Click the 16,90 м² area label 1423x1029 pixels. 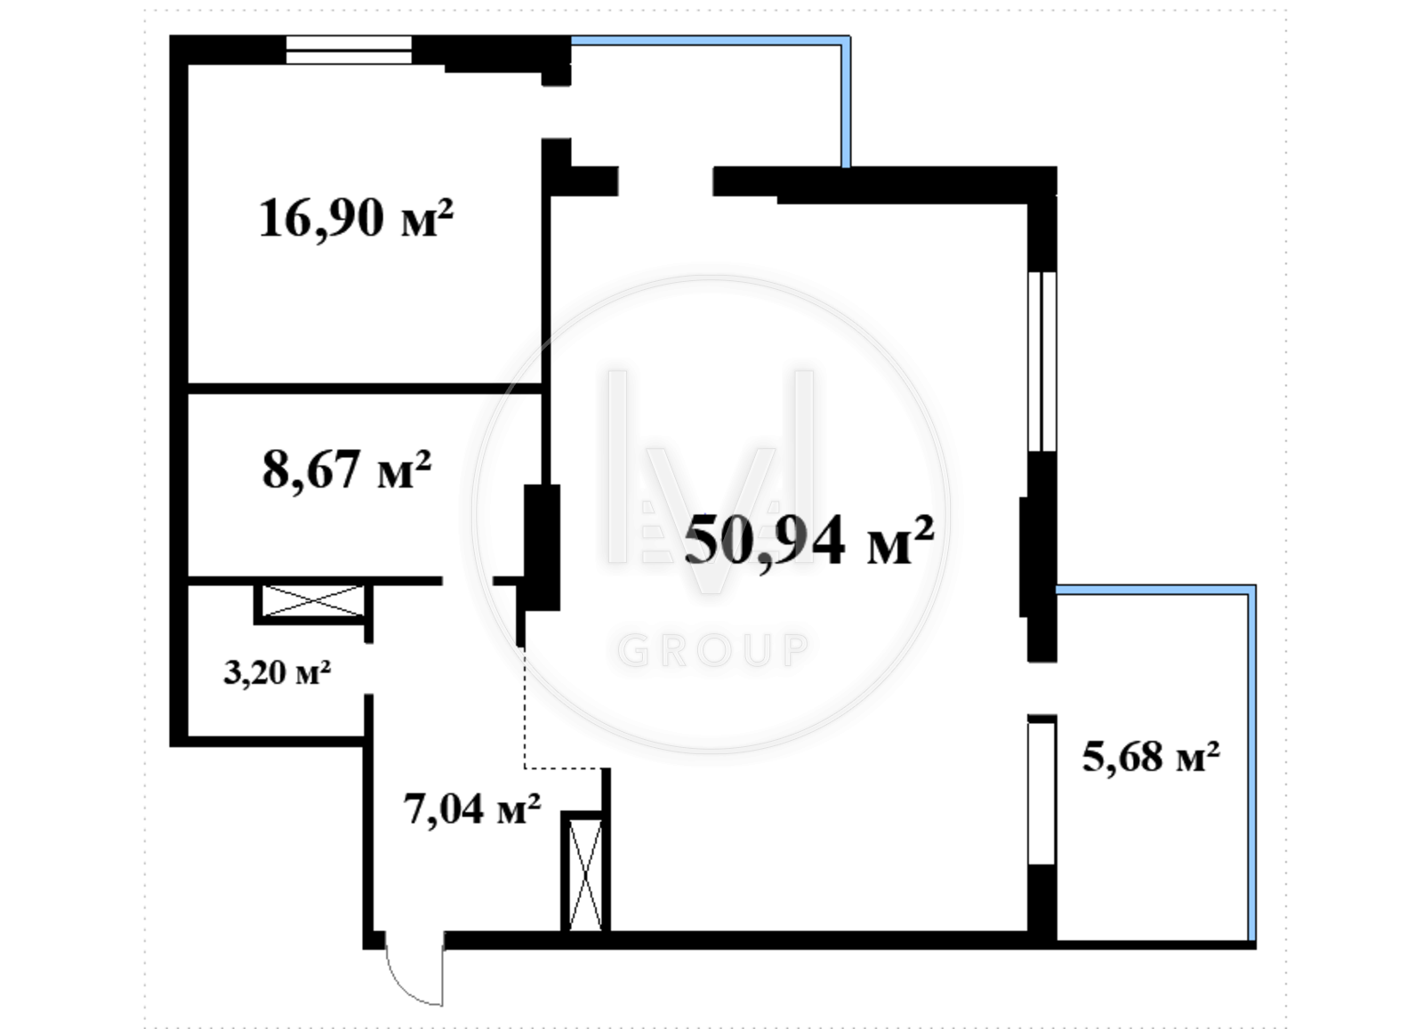pyautogui.click(x=356, y=219)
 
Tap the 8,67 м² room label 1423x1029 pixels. pyautogui.click(x=346, y=470)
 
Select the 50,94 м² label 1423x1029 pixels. pyautogui.click(x=808, y=540)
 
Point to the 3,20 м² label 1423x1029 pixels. pyautogui.click(x=277, y=672)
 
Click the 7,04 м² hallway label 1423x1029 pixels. pyautogui.click(x=472, y=809)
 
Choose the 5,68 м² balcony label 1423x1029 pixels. pyautogui.click(x=1151, y=757)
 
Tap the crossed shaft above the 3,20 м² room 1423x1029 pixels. pyautogui.click(x=312, y=601)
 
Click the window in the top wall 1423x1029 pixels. pyautogui.click(x=349, y=50)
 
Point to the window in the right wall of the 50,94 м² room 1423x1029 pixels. pyautogui.click(x=1042, y=361)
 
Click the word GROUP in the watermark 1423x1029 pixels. pyautogui.click(x=713, y=650)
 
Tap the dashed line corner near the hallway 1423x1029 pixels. pyautogui.click(x=525, y=768)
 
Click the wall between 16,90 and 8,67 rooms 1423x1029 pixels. pyautogui.click(x=365, y=388)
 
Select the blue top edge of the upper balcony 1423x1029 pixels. pyautogui.click(x=711, y=41)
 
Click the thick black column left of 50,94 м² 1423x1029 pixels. pyautogui.click(x=542, y=547)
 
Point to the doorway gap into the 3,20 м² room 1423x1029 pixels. pyautogui.click(x=368, y=669)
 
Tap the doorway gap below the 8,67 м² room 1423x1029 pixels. pyautogui.click(x=468, y=581)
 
